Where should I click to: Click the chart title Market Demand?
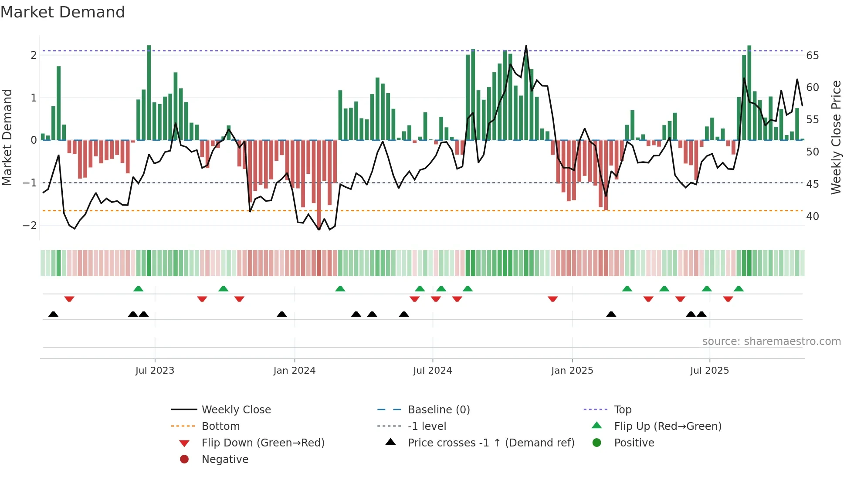(63, 12)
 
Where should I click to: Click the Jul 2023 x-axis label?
(155, 371)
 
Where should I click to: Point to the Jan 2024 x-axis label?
(295, 371)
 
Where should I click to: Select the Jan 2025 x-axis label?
(572, 371)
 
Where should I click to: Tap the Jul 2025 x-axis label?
(709, 371)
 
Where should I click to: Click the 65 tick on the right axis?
(812, 56)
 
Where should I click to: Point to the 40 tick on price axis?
(812, 216)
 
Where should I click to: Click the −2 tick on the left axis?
(30, 226)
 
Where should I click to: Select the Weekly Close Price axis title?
(836, 137)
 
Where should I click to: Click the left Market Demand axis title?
(7, 137)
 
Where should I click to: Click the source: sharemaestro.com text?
(771, 341)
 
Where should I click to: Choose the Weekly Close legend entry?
(236, 410)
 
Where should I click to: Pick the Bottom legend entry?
(220, 426)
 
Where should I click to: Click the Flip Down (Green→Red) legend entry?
(263, 443)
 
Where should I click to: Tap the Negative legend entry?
(225, 460)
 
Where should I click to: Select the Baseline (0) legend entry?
(439, 410)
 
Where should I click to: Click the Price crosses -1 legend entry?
(491, 443)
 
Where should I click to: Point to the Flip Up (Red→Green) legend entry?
(668, 426)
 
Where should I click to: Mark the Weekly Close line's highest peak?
(526, 46)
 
